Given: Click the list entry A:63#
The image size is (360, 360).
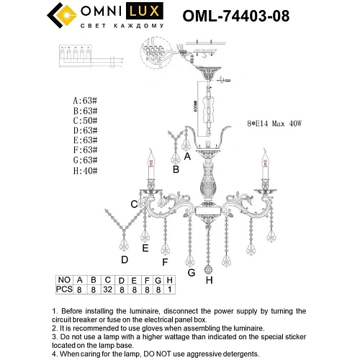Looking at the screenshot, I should [x=86, y=102].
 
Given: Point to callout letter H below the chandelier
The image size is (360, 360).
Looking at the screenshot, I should [x=210, y=279].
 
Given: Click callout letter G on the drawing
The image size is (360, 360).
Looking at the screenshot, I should [x=191, y=272].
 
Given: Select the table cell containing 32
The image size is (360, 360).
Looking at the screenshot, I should [x=108, y=290].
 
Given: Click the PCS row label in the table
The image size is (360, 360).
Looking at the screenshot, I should [x=64, y=290].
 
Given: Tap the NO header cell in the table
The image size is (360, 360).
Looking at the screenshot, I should [x=64, y=280].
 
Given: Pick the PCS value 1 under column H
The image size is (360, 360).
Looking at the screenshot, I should [x=169, y=290].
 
